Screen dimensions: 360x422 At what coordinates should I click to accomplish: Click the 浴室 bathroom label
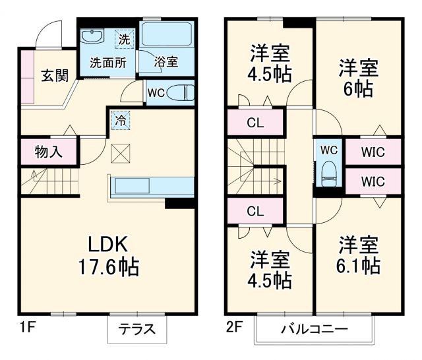tap(166, 62)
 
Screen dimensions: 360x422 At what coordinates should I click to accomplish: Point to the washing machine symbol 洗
tap(124, 38)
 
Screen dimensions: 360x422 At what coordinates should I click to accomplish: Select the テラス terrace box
tap(137, 329)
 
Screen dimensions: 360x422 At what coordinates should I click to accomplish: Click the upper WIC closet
tap(373, 152)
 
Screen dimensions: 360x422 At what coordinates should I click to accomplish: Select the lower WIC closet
tap(373, 180)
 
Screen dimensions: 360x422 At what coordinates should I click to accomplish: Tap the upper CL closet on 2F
tap(256, 122)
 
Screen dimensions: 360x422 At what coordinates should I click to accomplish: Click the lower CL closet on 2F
tap(256, 211)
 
